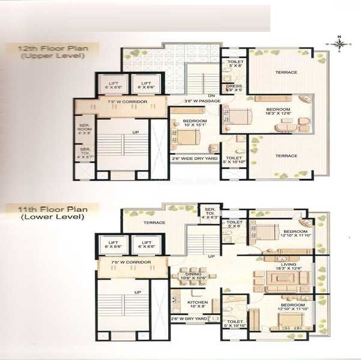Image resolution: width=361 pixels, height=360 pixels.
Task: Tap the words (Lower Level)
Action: [x=45, y=218]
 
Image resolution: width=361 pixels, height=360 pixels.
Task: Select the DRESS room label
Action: [x=234, y=88]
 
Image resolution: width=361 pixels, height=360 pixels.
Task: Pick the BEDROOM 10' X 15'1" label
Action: [x=195, y=123]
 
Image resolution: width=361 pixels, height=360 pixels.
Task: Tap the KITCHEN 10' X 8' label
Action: [x=197, y=304]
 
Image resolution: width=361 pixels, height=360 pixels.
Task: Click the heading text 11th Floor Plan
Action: [x=45, y=209]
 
